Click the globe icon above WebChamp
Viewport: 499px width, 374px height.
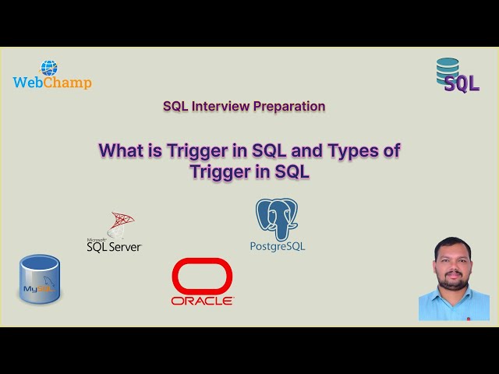click(49, 68)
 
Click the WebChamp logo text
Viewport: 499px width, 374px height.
click(52, 83)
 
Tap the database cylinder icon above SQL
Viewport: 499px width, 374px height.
click(448, 69)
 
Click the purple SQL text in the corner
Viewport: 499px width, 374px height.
click(461, 84)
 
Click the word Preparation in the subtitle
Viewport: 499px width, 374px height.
click(288, 106)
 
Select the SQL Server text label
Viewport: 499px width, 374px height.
click(115, 246)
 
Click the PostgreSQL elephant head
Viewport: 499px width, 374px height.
click(277, 217)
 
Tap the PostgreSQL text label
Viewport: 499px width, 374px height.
click(278, 246)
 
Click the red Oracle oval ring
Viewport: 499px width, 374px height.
click(202, 275)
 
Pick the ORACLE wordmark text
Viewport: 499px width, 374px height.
click(202, 300)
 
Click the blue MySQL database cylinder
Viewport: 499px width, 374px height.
click(40, 279)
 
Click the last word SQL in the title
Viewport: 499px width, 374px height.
click(292, 172)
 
